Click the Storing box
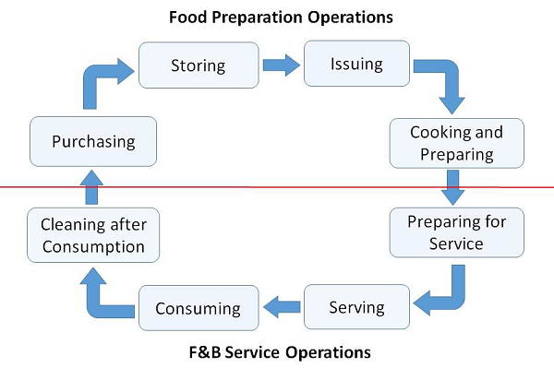click(198, 65)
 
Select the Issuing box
click(356, 65)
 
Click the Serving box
click(356, 307)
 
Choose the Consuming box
click(198, 307)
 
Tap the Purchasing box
click(93, 142)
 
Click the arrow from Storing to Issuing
click(281, 65)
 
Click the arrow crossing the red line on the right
click(452, 188)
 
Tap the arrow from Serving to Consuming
click(281, 306)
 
